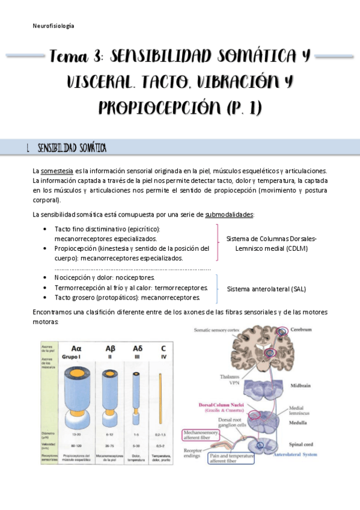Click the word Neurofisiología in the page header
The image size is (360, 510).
click(53, 26)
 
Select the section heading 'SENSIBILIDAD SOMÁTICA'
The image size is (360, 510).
click(72, 148)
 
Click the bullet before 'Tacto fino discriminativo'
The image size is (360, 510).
click(47, 230)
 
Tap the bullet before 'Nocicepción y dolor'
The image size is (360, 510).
click(47, 278)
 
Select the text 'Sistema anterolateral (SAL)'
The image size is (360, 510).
click(266, 289)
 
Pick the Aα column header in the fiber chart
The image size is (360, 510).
click(76, 348)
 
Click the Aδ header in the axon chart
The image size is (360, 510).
click(138, 348)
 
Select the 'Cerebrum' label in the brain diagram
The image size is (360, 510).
click(302, 330)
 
